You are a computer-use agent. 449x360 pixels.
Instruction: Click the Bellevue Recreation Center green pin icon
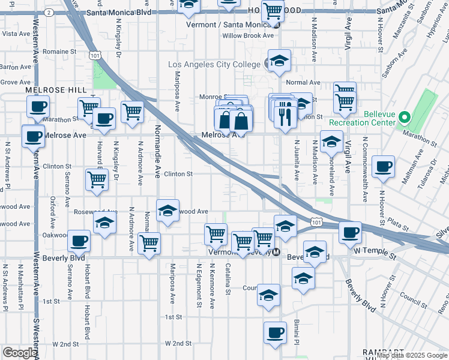click(x=405, y=117)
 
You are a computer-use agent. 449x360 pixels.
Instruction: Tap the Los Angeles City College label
click(x=215, y=65)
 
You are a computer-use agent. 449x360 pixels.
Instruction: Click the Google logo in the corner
click(x=19, y=353)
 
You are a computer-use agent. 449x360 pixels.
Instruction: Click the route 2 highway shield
click(x=49, y=12)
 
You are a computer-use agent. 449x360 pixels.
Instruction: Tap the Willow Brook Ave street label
click(x=248, y=36)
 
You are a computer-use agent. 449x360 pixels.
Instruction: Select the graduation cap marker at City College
click(x=279, y=61)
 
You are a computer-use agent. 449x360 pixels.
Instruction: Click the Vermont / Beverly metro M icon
click(x=276, y=253)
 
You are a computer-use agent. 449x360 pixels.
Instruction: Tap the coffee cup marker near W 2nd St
click(x=276, y=332)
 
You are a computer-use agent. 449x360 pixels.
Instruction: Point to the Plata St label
click(x=397, y=226)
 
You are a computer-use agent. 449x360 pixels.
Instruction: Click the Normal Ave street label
click(x=303, y=83)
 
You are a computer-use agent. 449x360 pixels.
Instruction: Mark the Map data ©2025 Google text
click(x=412, y=355)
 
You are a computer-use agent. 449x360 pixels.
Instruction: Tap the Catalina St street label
click(x=228, y=280)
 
